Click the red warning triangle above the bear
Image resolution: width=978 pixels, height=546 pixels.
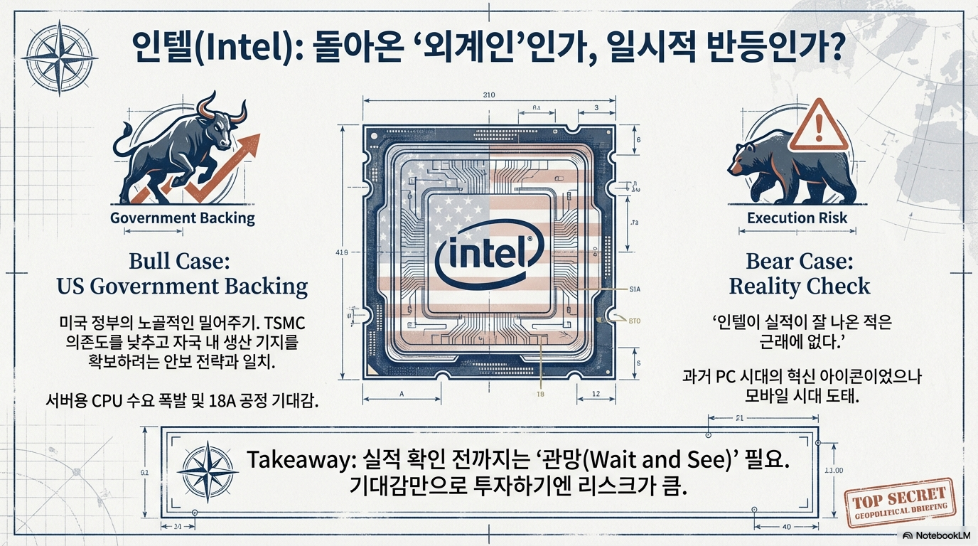click(x=819, y=128)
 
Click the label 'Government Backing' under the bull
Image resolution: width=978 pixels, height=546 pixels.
click(x=182, y=218)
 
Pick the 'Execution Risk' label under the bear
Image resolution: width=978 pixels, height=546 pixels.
click(x=797, y=218)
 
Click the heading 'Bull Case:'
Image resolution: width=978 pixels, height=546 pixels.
click(x=180, y=261)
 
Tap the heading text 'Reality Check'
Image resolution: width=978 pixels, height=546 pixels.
click(x=800, y=286)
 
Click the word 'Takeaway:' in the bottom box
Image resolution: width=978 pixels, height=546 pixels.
click(x=297, y=459)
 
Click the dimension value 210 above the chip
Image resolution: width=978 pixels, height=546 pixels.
click(x=488, y=95)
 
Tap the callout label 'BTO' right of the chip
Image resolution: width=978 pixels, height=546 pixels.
click(x=634, y=321)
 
